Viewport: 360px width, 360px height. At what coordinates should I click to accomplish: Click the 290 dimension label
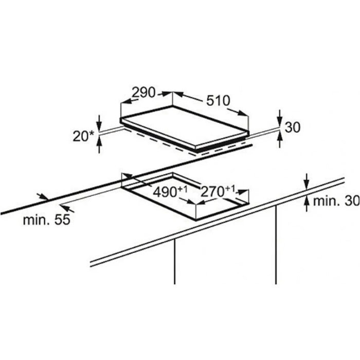(x=143, y=93)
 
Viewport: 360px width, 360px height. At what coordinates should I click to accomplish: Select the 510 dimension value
(x=218, y=101)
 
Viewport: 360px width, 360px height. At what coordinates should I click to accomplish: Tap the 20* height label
(x=83, y=136)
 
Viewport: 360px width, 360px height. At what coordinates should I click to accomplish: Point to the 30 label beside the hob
(x=293, y=127)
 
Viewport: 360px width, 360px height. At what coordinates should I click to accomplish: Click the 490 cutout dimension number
(x=165, y=192)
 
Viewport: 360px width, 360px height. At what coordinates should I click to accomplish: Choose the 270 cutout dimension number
(x=212, y=191)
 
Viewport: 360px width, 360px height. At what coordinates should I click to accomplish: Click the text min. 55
(x=46, y=220)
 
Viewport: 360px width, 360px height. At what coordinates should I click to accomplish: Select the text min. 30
(x=336, y=201)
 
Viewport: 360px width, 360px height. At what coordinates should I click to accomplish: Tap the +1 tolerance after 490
(x=183, y=189)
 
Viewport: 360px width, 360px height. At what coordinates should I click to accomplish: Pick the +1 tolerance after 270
(x=230, y=189)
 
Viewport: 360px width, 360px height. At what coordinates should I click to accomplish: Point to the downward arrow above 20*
(x=99, y=123)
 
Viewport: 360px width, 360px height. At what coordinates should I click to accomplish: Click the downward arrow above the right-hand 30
(x=279, y=118)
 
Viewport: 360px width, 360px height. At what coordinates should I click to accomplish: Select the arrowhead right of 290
(x=166, y=94)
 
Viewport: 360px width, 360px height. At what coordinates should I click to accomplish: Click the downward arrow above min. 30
(x=307, y=182)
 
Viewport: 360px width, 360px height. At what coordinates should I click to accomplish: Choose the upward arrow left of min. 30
(x=307, y=204)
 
